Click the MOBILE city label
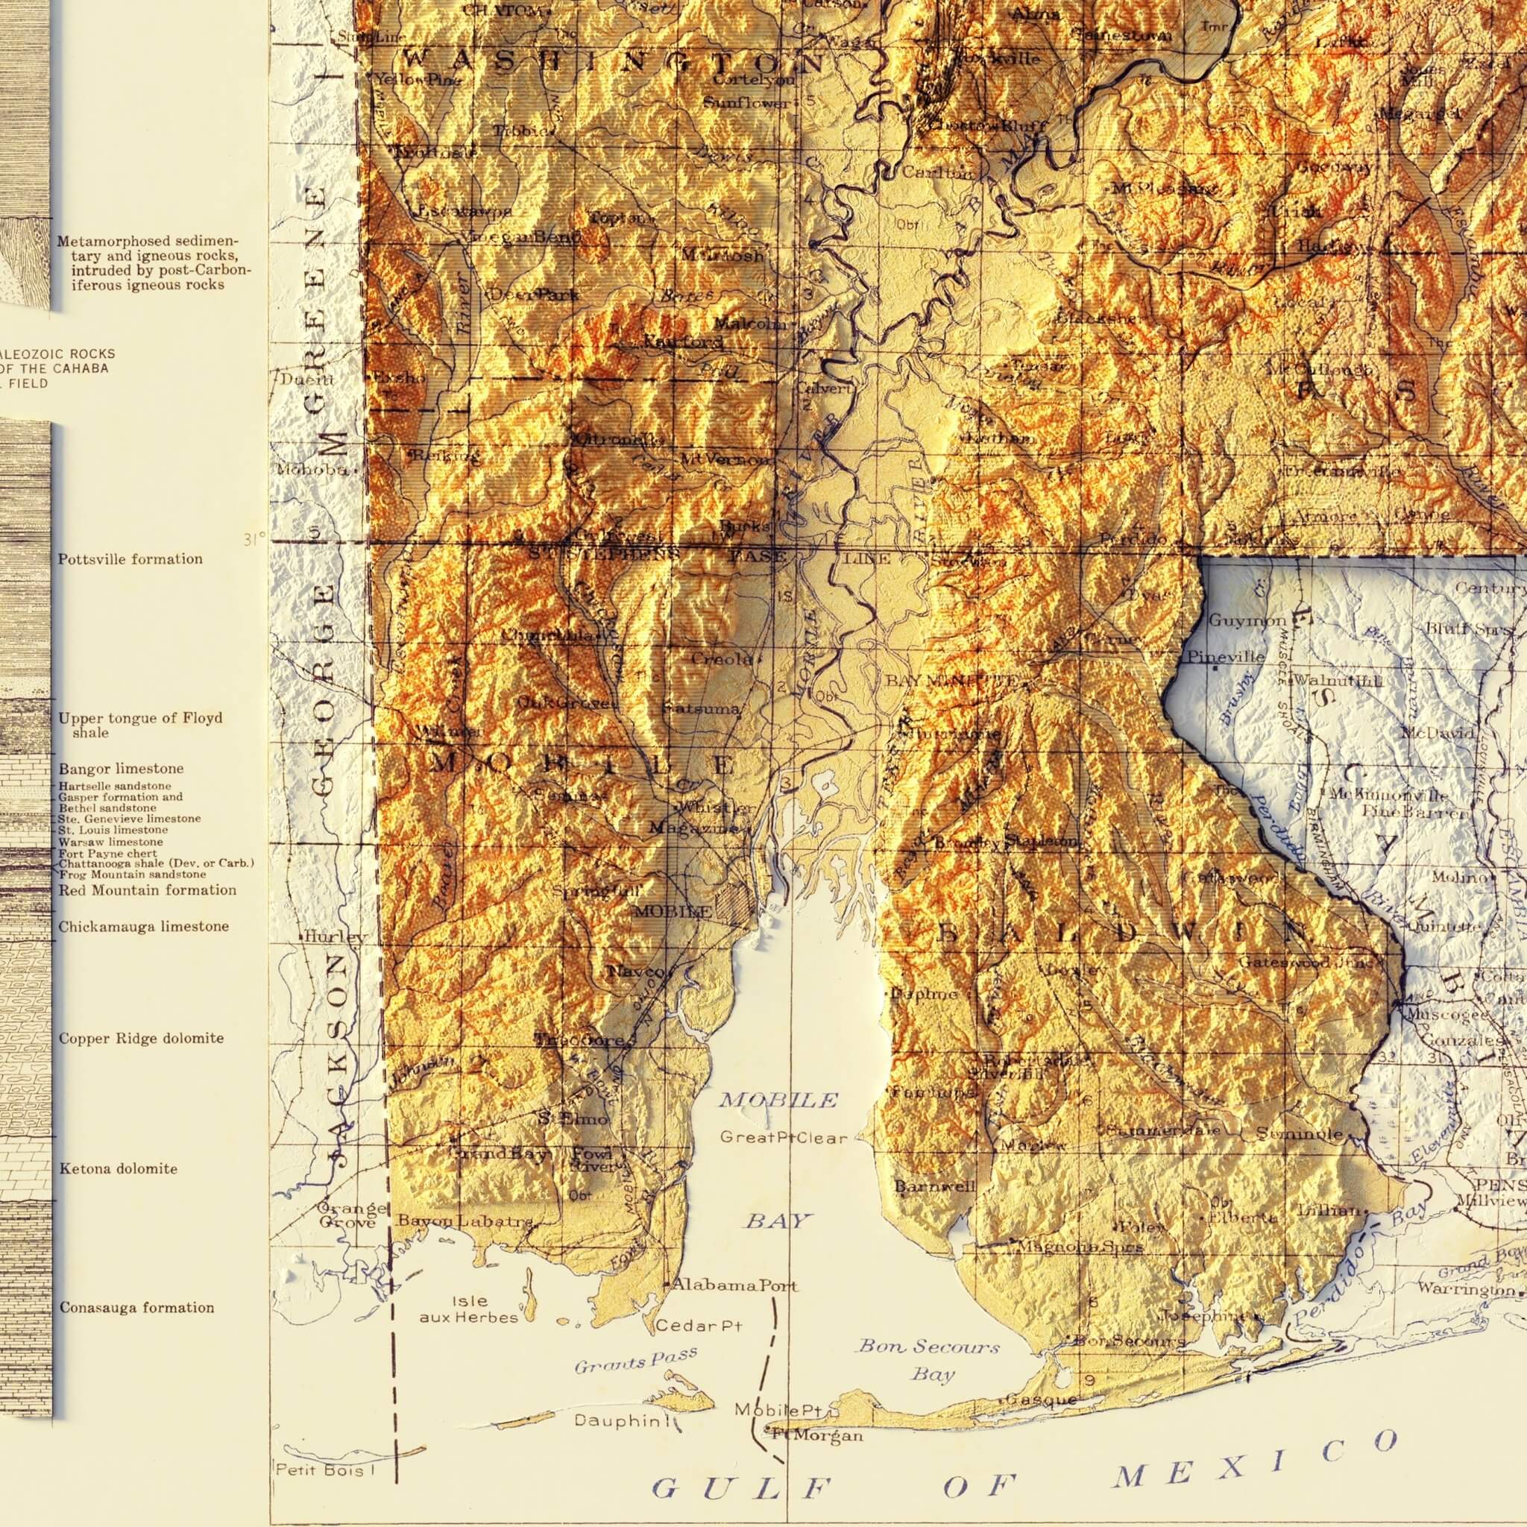(673, 911)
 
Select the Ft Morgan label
(817, 1435)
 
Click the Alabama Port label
(734, 1285)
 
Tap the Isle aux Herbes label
(469, 1309)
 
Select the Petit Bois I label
(319, 1471)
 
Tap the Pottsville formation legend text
(130, 558)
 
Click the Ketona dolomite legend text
(118, 1168)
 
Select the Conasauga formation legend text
(136, 1307)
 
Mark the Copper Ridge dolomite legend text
(141, 1038)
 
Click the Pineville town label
(1226, 657)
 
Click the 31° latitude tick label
(254, 540)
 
